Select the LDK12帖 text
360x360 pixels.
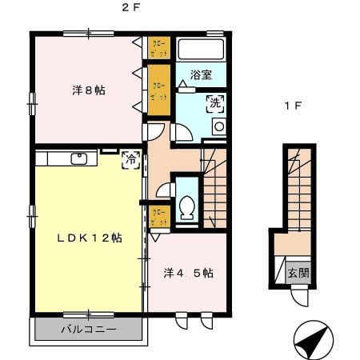[x=89, y=238]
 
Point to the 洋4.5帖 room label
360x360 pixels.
[x=188, y=273]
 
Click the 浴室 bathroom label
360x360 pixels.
[x=201, y=75]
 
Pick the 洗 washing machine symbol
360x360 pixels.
[x=214, y=102]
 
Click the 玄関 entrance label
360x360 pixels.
[x=298, y=272]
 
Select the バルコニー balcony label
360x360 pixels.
[x=88, y=329]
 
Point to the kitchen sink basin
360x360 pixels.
[x=79, y=158]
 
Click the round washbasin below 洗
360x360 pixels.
[x=218, y=127]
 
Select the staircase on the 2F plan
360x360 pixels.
[x=215, y=188]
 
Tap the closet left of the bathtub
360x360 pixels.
[x=158, y=46]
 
